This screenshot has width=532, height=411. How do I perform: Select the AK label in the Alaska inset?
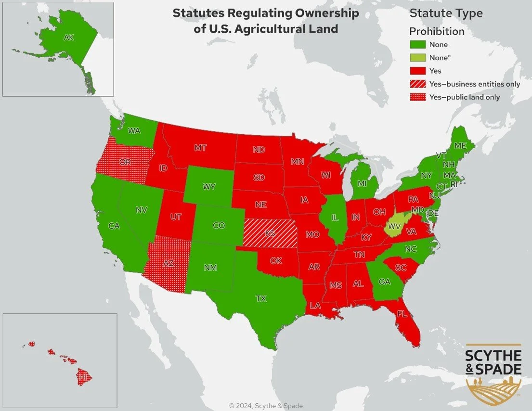pyautogui.click(x=69, y=37)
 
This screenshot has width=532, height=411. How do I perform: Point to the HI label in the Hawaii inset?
pyautogui.click(x=83, y=376)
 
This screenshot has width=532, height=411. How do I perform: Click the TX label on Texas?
pyautogui.click(x=260, y=299)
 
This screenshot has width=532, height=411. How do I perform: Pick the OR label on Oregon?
pyautogui.click(x=125, y=162)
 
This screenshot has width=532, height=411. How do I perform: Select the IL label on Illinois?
pyautogui.click(x=334, y=217)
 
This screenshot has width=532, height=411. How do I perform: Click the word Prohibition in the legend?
pyautogui.click(x=437, y=31)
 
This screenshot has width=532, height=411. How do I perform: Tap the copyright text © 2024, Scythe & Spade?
pyautogui.click(x=266, y=406)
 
